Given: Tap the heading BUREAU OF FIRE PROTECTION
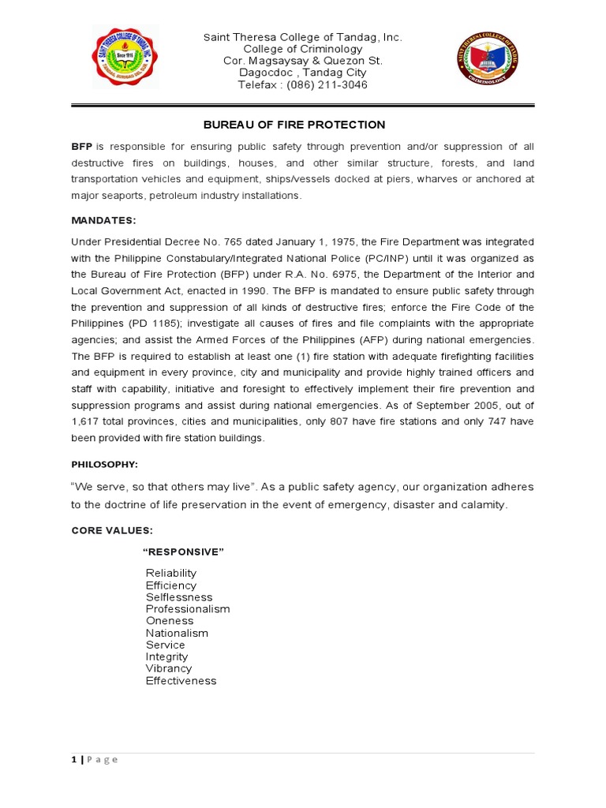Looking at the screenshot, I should (294, 125).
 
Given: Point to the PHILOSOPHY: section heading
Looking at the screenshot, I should (104, 465).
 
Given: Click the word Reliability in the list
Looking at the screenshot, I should (171, 573).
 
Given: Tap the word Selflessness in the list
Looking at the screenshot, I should (179, 597).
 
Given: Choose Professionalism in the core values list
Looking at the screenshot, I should (188, 609).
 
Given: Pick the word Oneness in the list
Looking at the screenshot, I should (170, 621).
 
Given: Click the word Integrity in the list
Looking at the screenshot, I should (166, 656).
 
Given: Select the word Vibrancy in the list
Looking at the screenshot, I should (169, 668).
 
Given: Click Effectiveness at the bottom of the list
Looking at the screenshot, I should (181, 680).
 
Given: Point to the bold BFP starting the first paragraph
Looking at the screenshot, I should (82, 147).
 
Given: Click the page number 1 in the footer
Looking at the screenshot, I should (74, 759).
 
